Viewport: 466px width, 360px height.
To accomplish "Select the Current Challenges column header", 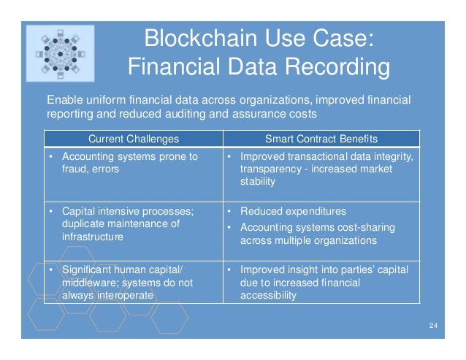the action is (x=133, y=139).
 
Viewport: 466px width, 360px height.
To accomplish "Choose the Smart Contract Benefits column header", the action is (x=321, y=139).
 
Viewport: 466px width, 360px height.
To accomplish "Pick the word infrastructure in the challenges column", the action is (x=93, y=237).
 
